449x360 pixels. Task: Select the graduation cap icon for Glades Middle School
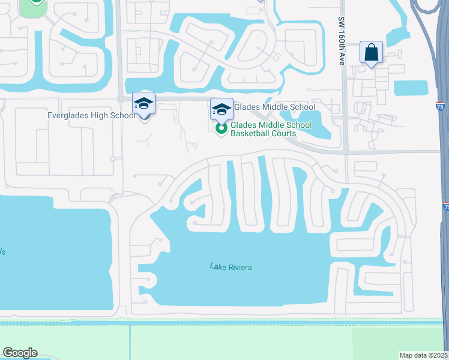click(221, 109)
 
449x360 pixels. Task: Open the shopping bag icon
click(372, 52)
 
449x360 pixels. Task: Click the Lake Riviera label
click(231, 266)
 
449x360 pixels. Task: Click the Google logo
click(20, 353)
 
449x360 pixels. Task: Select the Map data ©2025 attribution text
click(424, 355)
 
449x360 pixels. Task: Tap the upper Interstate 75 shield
click(442, 106)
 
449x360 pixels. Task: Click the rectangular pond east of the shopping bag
click(411, 88)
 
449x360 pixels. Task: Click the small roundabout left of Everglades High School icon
click(121, 99)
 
